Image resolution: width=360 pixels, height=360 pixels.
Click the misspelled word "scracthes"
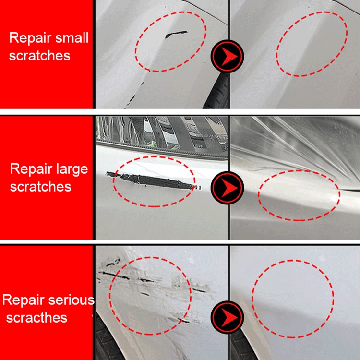point(37,318)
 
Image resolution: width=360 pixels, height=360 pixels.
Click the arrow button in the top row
point(228,56)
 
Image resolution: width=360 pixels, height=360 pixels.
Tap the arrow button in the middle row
point(228,188)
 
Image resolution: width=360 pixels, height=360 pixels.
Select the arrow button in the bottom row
point(228,317)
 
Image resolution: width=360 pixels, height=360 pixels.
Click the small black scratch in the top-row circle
point(176,35)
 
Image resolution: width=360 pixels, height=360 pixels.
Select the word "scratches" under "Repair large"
point(41,187)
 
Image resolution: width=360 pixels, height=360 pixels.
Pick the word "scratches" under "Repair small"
point(39,56)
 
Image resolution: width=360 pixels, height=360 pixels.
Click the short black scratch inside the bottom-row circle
point(145,294)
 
